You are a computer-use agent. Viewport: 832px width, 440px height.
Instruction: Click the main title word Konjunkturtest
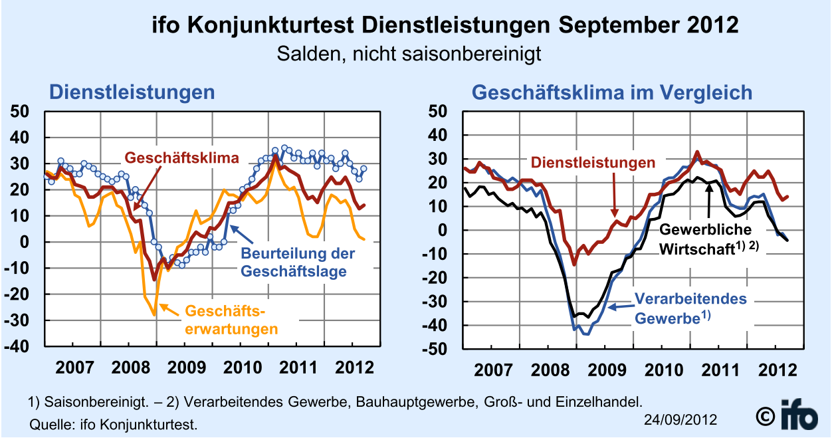(x=270, y=26)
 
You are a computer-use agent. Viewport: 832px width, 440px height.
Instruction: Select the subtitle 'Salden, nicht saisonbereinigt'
(x=409, y=55)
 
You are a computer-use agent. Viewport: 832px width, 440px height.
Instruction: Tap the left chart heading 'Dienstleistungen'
(x=132, y=92)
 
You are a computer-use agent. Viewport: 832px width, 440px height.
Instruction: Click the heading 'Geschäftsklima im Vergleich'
(x=612, y=92)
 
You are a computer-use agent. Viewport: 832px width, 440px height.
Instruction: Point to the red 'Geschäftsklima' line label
(x=181, y=158)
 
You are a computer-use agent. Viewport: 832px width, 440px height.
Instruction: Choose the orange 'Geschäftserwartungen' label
(x=231, y=320)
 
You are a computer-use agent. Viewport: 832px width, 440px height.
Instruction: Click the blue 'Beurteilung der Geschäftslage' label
(x=298, y=263)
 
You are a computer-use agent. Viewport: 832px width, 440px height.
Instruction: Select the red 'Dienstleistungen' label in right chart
(x=593, y=163)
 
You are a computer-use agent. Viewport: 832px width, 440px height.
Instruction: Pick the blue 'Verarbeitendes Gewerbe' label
(x=690, y=308)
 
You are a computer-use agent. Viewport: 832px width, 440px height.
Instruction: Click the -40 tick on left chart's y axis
(x=17, y=347)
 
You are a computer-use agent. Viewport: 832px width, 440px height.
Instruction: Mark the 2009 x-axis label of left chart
(x=187, y=368)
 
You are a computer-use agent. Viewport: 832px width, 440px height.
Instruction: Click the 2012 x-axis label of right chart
(x=778, y=370)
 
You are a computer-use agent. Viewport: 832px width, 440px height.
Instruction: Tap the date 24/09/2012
(x=680, y=420)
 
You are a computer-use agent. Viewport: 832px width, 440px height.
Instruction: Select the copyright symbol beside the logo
(x=766, y=417)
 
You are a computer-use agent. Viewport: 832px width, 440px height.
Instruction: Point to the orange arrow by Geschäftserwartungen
(x=169, y=310)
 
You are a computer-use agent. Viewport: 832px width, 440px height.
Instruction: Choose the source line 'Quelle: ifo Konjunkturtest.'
(x=113, y=425)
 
